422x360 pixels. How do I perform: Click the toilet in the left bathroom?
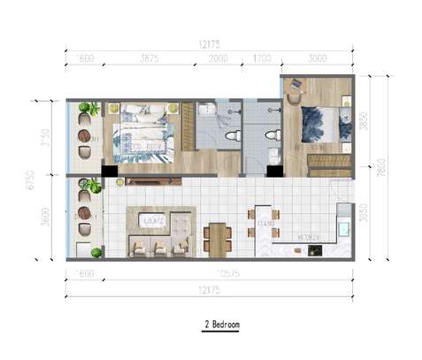(232, 136)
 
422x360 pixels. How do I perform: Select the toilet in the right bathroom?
(272, 135)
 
